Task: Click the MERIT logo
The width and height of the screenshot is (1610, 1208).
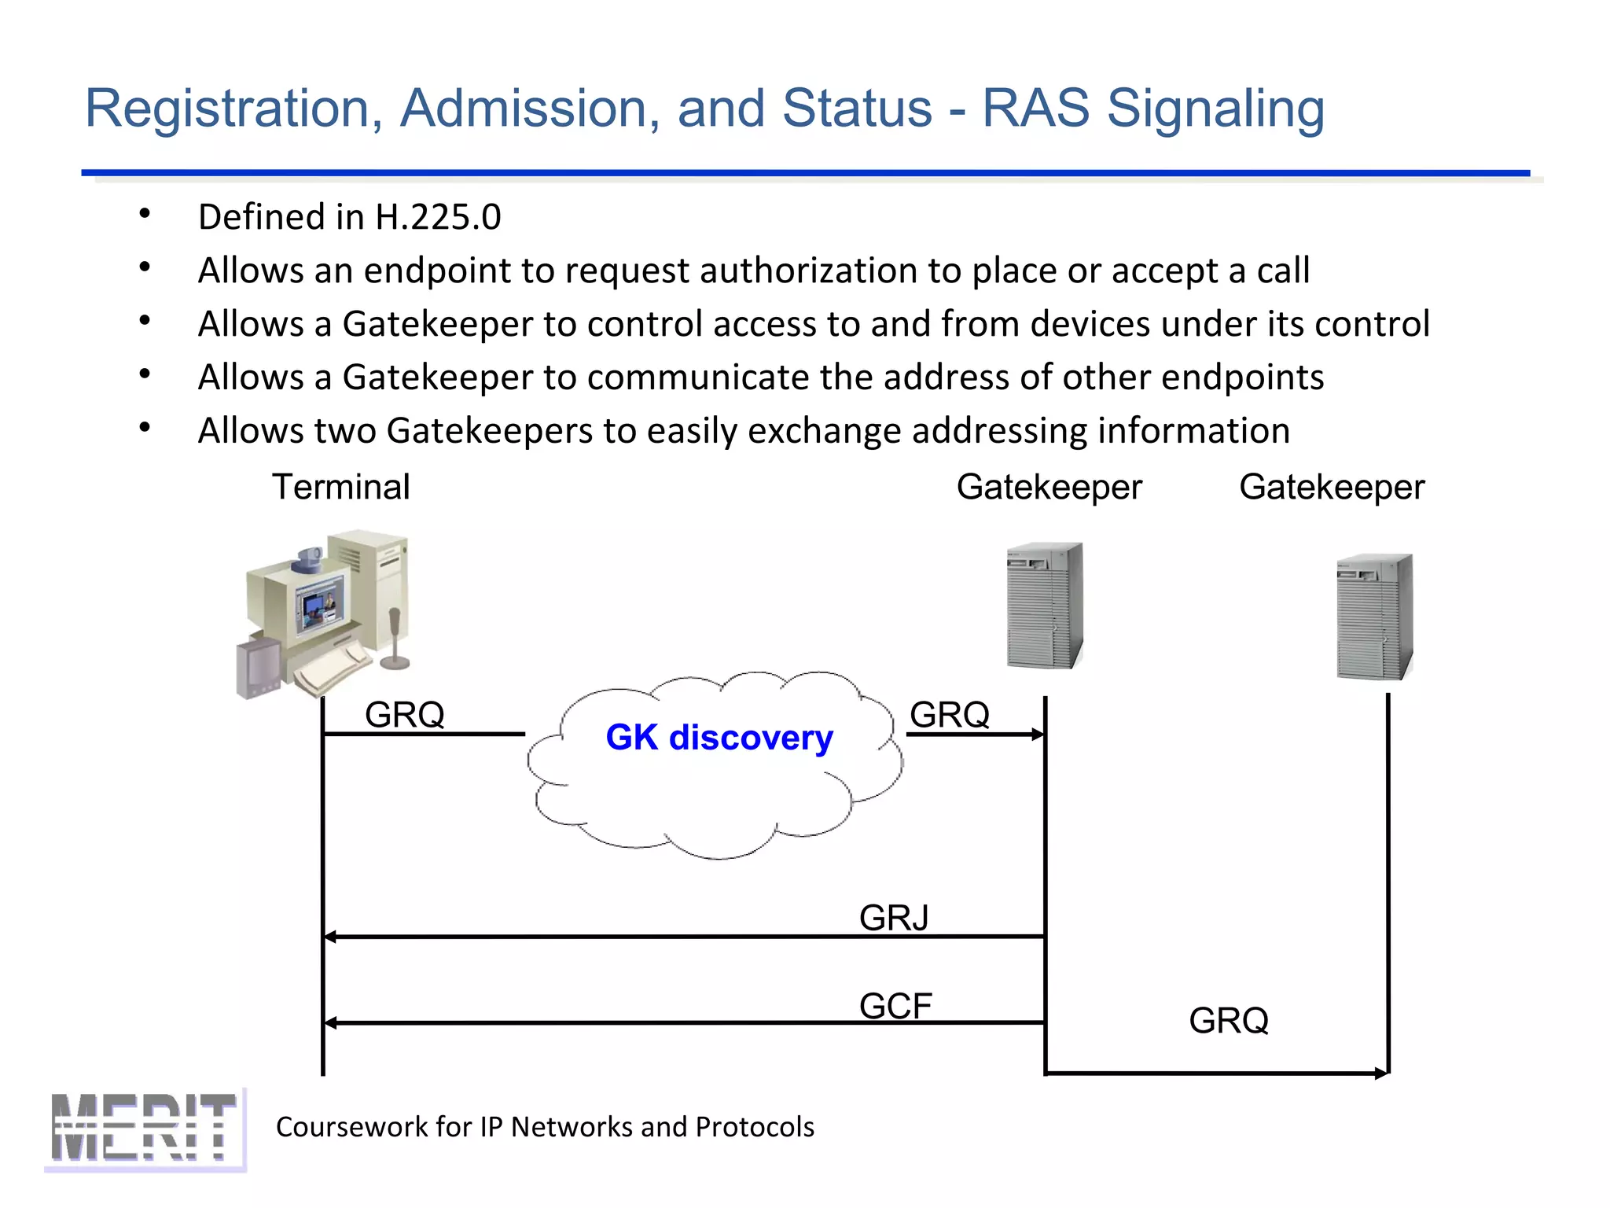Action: [x=144, y=1128]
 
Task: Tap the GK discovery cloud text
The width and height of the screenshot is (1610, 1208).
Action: [x=719, y=738]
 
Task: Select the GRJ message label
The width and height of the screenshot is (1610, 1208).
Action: [x=894, y=918]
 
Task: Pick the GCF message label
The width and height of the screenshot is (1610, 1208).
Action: [x=895, y=1006]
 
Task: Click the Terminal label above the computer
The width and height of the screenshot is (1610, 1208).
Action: [x=340, y=487]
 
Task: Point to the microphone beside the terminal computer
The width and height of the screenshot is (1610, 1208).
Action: [x=395, y=637]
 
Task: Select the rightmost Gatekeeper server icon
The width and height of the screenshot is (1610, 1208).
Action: [x=1374, y=616]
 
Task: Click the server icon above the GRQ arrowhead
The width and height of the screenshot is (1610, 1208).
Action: [x=1045, y=605]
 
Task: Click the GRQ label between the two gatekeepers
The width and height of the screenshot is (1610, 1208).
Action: [x=1228, y=1021]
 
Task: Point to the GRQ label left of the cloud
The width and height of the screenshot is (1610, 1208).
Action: [x=405, y=715]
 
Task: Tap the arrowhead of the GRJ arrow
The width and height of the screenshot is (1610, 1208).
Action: [x=331, y=937]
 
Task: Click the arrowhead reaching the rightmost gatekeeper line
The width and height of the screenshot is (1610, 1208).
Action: [x=1381, y=1074]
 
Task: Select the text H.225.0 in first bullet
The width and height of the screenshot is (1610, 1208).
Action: [x=438, y=217]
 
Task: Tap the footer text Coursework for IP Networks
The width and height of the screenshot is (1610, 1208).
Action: [x=545, y=1127]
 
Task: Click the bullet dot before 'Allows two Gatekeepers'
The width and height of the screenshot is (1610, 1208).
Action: [x=145, y=428]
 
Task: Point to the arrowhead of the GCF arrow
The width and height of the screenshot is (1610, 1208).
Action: [x=331, y=1022]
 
